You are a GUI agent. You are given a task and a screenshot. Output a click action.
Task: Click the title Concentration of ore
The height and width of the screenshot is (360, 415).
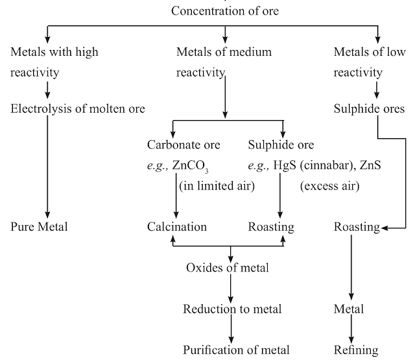226,11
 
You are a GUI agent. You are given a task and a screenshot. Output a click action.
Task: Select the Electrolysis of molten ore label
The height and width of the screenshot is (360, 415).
78,108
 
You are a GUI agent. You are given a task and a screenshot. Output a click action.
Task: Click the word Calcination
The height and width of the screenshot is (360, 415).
177,227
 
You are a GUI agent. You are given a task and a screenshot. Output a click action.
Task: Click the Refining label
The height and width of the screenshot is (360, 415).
355,350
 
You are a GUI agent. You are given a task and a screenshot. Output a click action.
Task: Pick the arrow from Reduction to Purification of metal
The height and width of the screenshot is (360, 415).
230,330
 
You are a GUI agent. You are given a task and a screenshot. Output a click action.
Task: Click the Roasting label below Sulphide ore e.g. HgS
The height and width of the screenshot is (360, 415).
271,227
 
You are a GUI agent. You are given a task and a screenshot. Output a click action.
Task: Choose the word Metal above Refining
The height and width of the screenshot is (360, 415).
349,309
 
